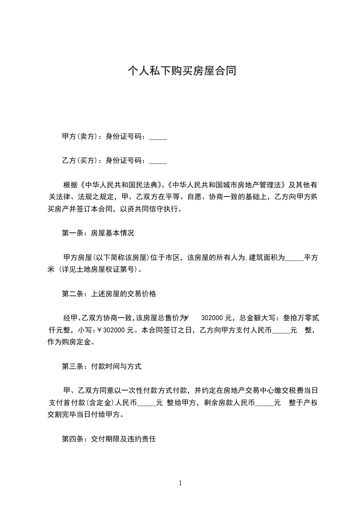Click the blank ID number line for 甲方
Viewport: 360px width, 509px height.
[x=158, y=137]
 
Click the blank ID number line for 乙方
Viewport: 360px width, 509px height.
[x=158, y=161]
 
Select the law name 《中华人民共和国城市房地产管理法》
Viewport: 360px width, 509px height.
[x=227, y=185]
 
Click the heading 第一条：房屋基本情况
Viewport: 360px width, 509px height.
[x=98, y=234]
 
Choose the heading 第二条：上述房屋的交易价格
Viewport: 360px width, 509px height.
[x=109, y=294]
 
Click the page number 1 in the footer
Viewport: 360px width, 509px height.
[x=180, y=483]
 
